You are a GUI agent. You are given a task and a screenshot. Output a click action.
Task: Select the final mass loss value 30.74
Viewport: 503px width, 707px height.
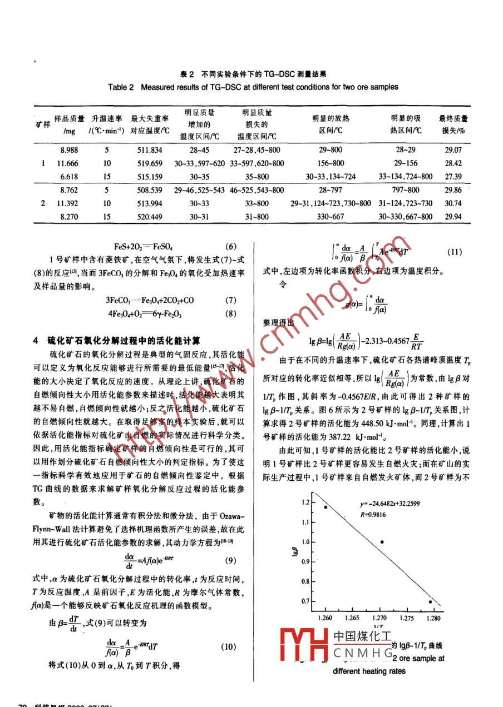(x=452, y=203)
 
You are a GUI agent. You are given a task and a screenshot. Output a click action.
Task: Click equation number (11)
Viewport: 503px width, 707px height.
(x=454, y=252)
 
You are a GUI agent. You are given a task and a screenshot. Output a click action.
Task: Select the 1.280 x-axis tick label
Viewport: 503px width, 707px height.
(x=435, y=617)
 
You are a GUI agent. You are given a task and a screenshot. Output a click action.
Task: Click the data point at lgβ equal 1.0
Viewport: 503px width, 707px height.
(x=382, y=542)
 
